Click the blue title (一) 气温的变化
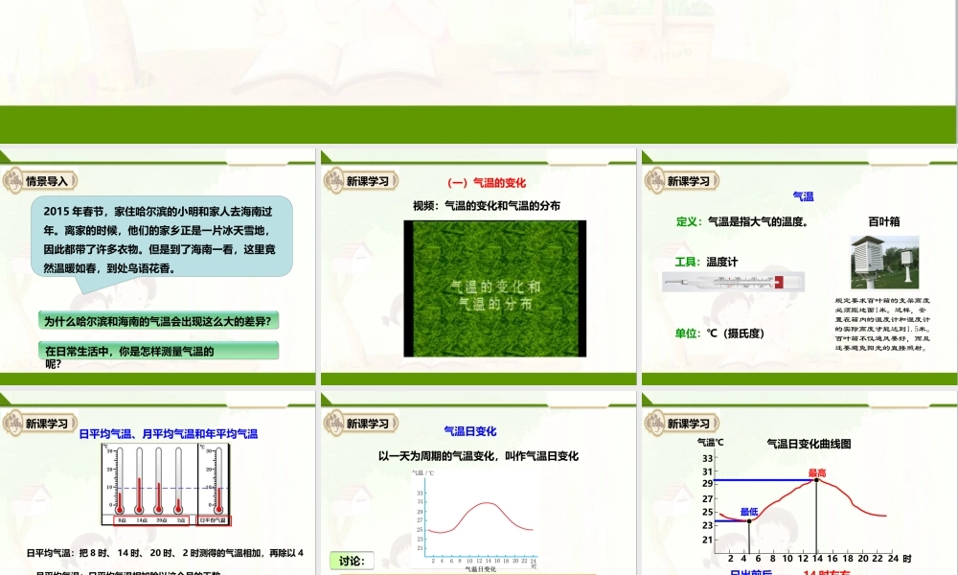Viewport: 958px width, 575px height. [487, 183]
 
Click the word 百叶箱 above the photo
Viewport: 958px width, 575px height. [883, 221]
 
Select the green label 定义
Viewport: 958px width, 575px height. [689, 221]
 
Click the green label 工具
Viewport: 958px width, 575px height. [689, 261]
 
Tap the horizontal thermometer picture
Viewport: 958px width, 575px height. [733, 281]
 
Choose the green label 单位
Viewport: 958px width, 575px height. [689, 333]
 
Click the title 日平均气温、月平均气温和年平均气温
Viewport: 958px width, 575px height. [168, 434]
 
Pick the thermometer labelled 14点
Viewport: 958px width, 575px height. [141, 484]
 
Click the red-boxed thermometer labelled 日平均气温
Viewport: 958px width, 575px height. [217, 484]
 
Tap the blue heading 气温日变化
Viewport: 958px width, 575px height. [469, 431]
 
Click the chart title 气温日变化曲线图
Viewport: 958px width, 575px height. [810, 444]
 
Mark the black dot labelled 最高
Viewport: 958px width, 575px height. [816, 479]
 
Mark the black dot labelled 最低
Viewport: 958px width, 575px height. [748, 520]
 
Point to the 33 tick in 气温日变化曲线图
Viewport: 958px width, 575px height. [707, 458]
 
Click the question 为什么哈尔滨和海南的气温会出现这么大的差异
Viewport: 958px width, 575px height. [161, 321]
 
